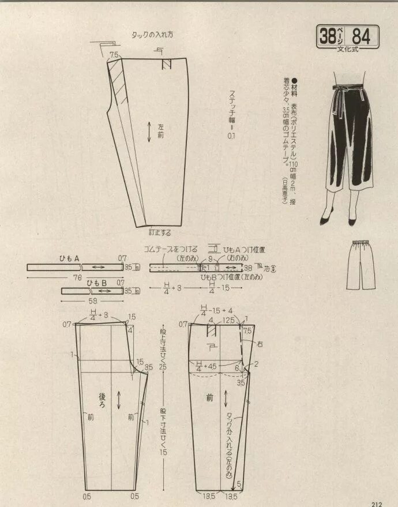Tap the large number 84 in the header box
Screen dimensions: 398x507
coord(361,37)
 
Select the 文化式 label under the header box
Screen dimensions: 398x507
coord(347,50)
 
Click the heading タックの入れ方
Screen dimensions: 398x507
coord(152,34)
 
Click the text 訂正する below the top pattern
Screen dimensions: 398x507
coord(160,232)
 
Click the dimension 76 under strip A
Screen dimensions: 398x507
coord(77,277)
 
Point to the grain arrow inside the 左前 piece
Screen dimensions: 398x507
coord(150,132)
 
